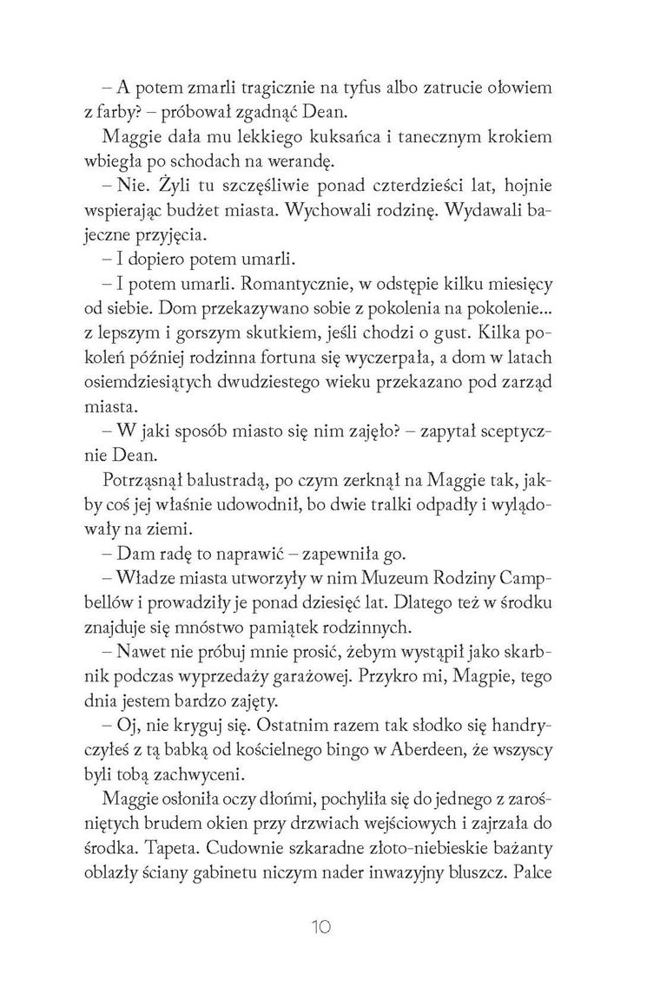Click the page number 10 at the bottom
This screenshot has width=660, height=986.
pos(330,926)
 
